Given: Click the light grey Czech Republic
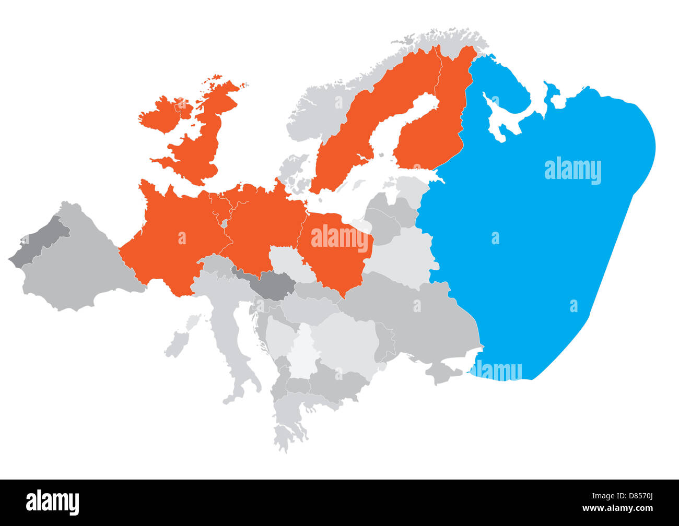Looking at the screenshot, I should point(285,261).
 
